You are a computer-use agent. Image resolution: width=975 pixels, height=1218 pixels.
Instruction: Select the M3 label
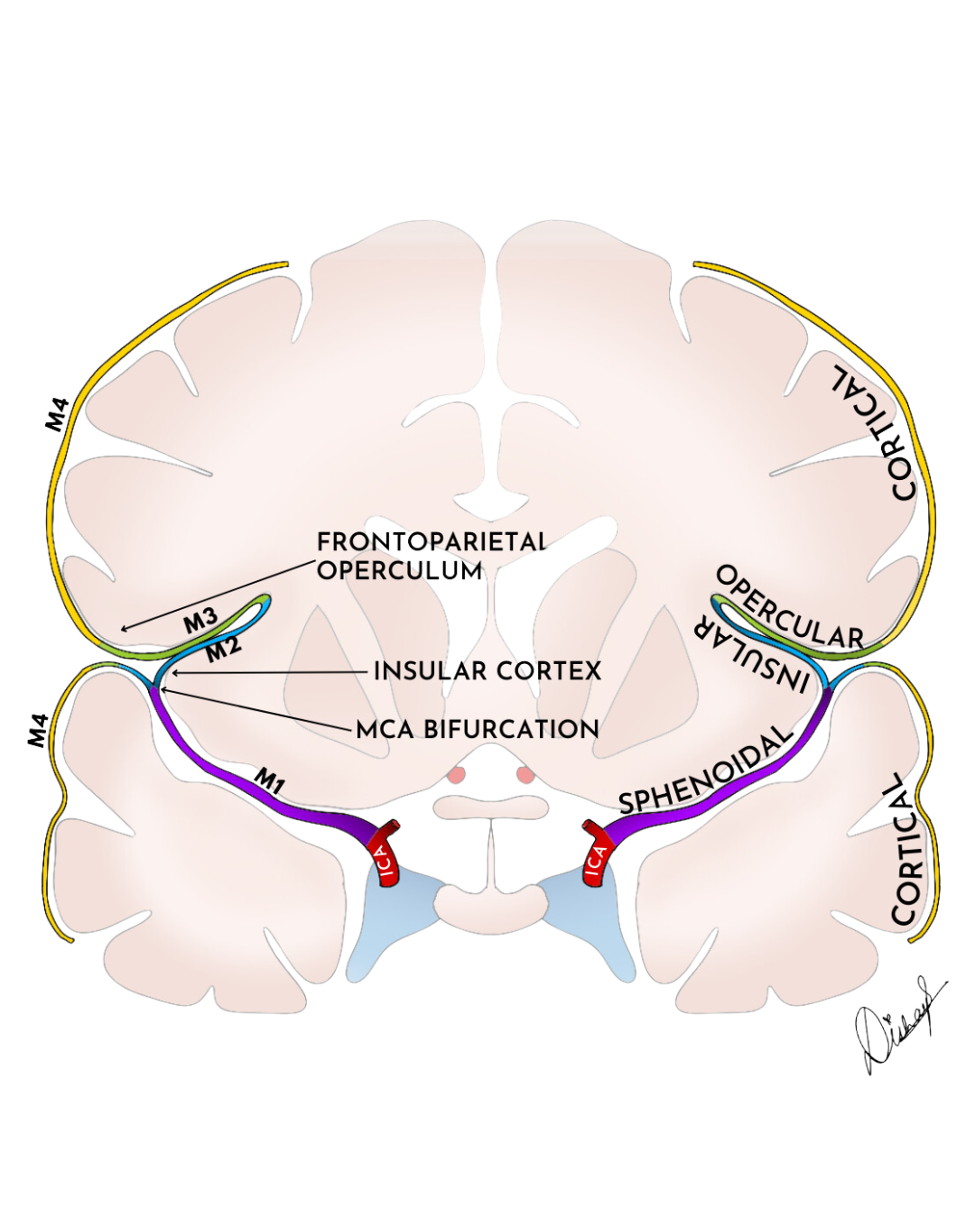tap(201, 622)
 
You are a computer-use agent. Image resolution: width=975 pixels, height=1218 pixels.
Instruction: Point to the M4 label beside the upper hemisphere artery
tap(62, 421)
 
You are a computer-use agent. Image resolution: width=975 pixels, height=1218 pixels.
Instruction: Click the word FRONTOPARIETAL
tap(432, 543)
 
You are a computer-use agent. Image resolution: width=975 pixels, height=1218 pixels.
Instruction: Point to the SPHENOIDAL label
tap(704, 770)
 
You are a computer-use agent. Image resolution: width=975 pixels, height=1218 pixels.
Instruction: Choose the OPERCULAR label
tap(790, 608)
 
